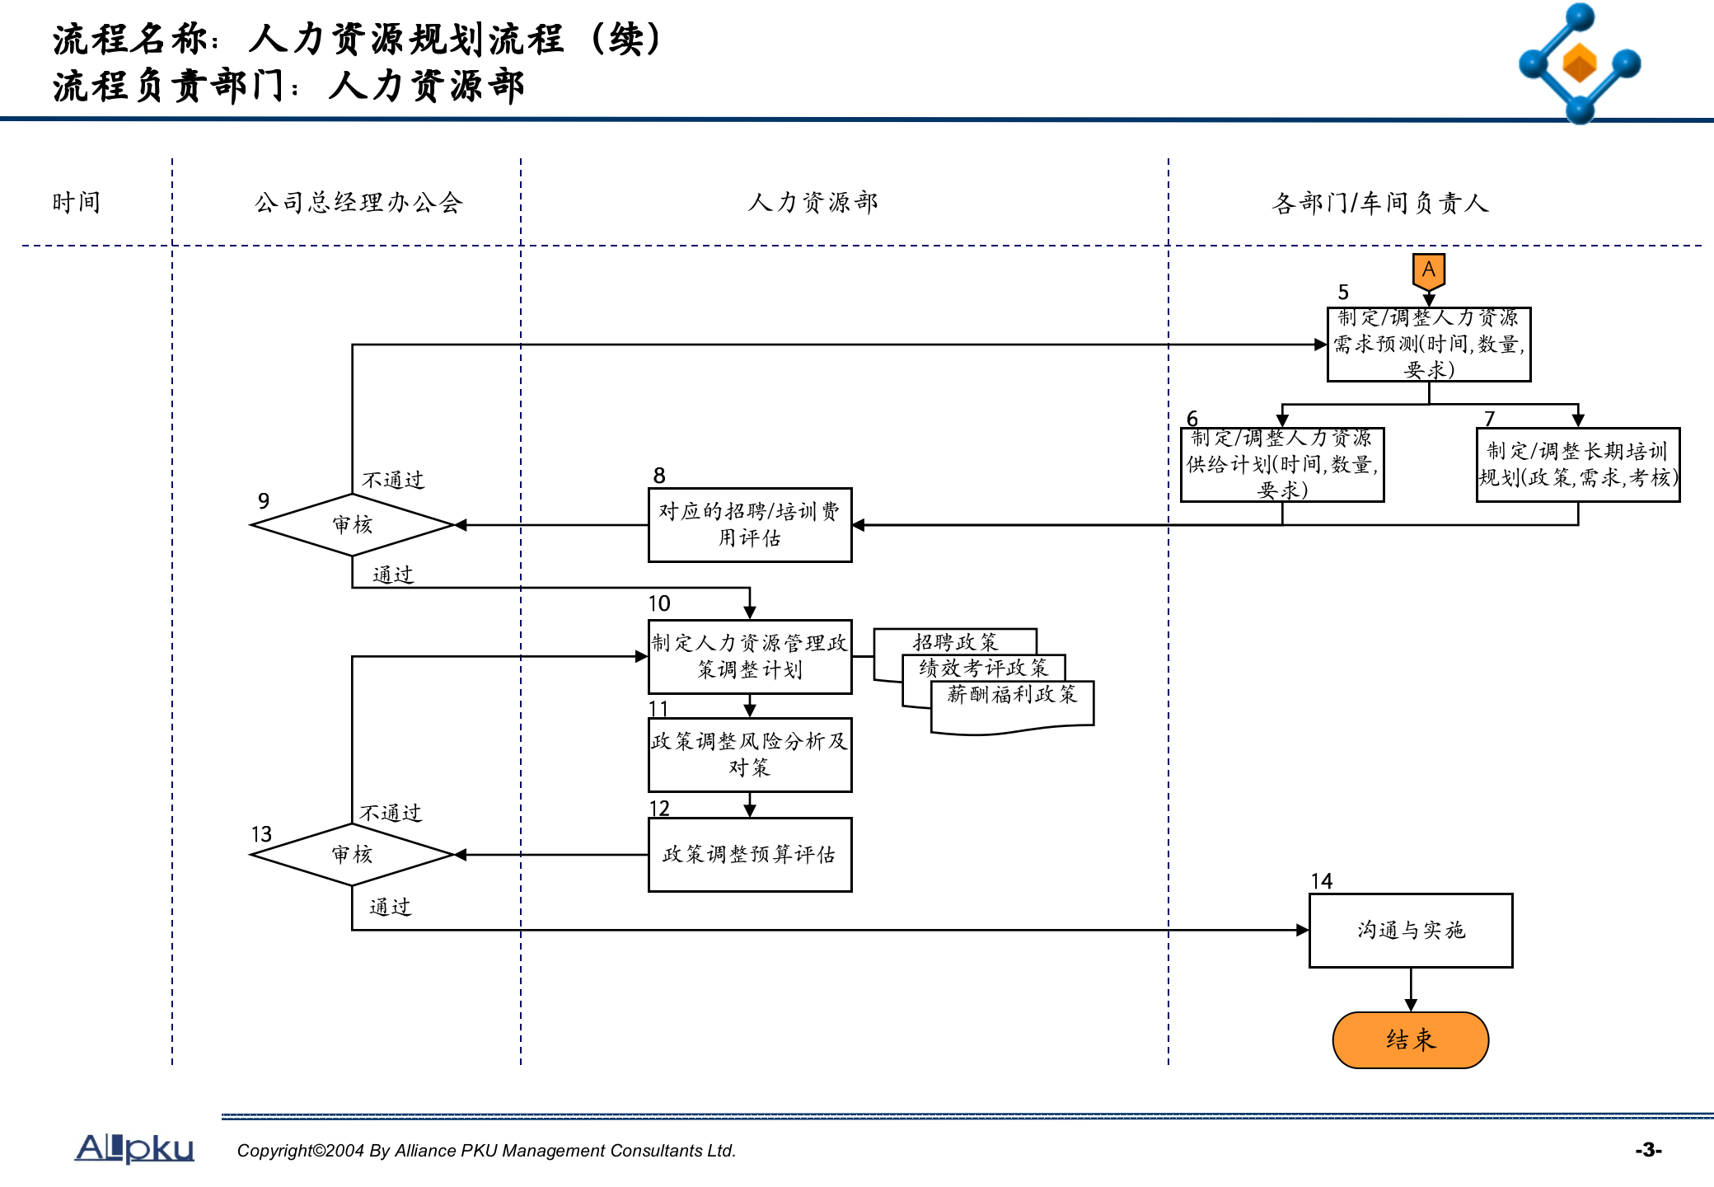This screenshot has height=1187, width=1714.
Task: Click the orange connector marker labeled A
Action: coord(1428,271)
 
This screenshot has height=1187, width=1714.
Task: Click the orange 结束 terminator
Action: coord(1410,1039)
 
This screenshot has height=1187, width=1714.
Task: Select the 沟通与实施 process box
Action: coord(1410,931)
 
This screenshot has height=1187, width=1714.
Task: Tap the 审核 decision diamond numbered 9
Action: coord(352,525)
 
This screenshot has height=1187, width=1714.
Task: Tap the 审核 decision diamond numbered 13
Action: coord(352,855)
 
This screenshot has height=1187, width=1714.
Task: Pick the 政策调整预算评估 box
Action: coord(749,855)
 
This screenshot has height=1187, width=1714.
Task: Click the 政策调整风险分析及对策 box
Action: coord(749,755)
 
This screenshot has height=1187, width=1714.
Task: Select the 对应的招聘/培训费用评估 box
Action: coord(749,525)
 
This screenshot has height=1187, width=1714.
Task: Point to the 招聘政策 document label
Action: coord(955,641)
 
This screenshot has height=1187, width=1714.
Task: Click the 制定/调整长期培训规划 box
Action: coord(1577,465)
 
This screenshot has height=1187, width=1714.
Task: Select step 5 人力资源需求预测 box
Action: coord(1428,345)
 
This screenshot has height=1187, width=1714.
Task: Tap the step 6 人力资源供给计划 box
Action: coord(1281,465)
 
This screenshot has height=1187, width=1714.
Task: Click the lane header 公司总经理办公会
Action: coord(358,203)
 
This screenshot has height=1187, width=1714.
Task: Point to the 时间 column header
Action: coord(76,203)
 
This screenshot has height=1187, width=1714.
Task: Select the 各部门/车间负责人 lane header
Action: coord(1379,203)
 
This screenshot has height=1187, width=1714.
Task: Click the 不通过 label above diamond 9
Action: coord(393,480)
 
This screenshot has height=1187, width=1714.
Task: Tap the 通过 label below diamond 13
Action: coord(390,908)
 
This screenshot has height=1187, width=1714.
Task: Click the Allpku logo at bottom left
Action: coord(134,1148)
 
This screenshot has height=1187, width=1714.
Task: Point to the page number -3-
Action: coord(1648,1150)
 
